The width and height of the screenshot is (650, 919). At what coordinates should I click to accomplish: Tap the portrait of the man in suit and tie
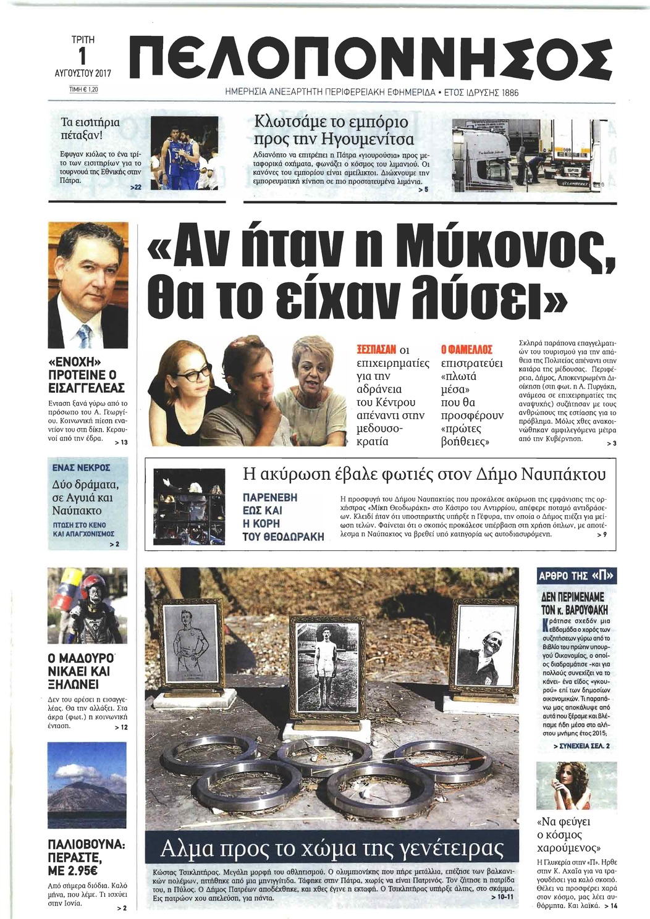88,287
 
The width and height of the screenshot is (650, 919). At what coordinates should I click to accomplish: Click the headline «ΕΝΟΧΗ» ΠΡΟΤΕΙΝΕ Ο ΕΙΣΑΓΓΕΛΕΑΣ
87,374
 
